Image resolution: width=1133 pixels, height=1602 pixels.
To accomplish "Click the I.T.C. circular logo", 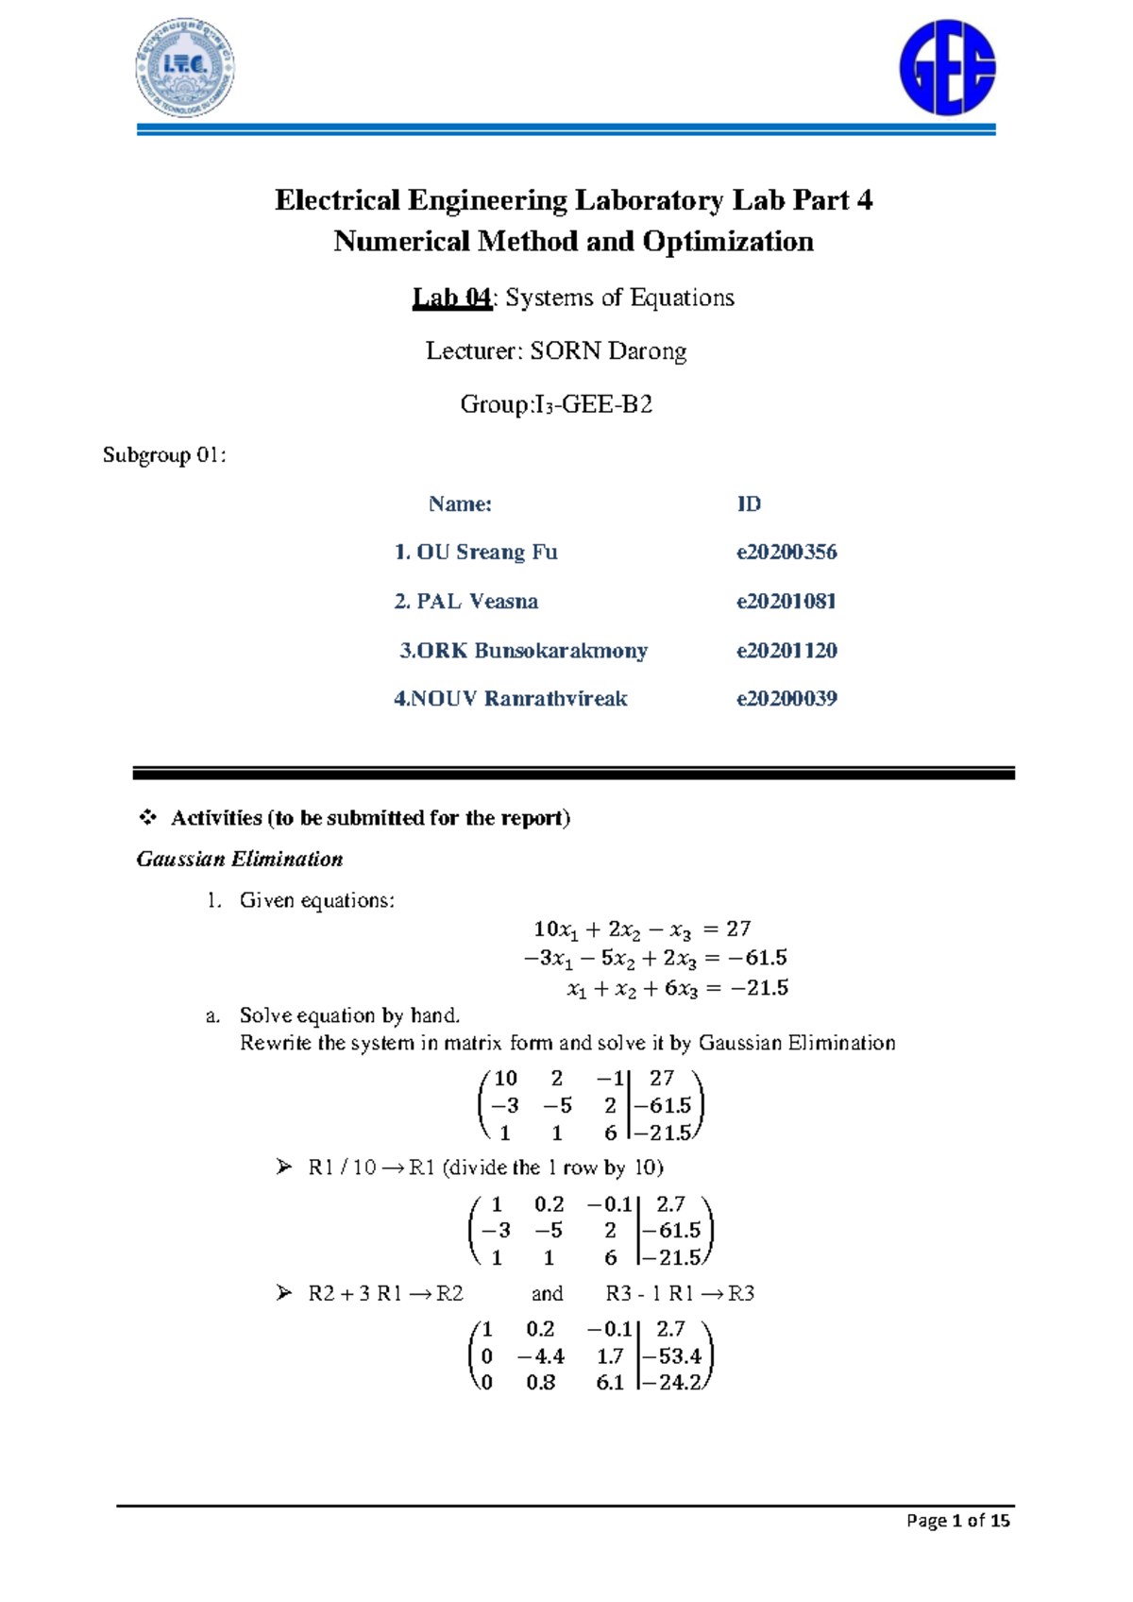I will (x=184, y=68).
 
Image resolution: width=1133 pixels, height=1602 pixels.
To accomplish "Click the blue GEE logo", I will (x=947, y=69).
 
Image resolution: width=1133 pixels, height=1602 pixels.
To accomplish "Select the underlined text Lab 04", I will (x=451, y=298).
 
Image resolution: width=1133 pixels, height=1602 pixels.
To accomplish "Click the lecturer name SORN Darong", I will (x=608, y=351).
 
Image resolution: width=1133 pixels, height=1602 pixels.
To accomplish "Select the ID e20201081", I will (x=786, y=601).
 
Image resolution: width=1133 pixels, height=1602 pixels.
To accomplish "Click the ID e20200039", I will (x=786, y=699).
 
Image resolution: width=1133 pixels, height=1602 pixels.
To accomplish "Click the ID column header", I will (x=749, y=503).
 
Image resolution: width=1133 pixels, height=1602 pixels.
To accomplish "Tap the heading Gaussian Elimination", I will (x=240, y=859).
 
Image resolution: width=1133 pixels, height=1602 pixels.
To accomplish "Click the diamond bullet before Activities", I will (x=147, y=817).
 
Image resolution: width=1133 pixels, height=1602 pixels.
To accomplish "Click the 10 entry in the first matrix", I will (x=506, y=1078).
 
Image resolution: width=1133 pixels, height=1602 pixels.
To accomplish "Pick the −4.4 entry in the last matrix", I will (x=541, y=1356).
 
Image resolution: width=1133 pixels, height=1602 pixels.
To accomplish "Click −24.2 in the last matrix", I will (x=678, y=1383).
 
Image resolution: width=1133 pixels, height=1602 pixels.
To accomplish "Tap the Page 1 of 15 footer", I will (x=957, y=1520).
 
